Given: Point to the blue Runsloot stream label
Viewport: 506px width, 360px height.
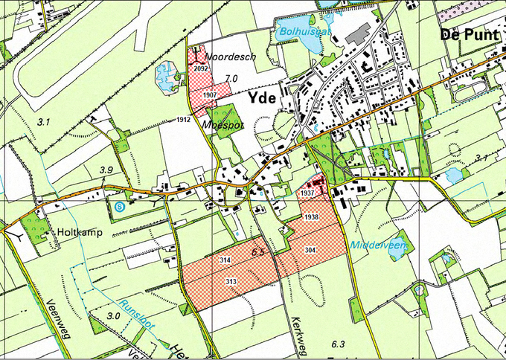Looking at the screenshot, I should click(x=138, y=314).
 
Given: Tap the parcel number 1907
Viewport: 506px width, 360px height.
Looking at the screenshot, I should click(x=209, y=95).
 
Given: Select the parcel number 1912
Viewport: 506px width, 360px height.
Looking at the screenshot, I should click(x=185, y=120).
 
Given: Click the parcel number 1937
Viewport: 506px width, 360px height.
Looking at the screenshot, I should click(x=308, y=193).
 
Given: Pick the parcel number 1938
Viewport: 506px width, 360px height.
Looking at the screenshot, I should click(x=311, y=216).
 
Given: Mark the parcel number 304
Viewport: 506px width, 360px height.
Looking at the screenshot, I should click(x=310, y=250).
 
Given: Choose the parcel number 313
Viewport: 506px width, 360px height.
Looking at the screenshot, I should click(x=231, y=281).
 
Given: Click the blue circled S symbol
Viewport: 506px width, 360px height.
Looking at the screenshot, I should click(x=120, y=207).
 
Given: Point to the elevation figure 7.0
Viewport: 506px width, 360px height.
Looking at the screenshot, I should click(x=231, y=78).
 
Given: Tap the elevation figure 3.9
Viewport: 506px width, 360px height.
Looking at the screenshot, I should click(x=106, y=170).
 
